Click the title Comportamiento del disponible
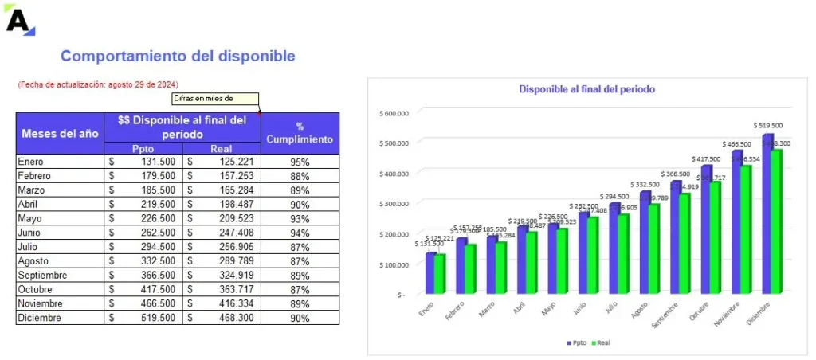[x=178, y=57]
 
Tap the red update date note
[x=97, y=84]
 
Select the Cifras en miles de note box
[x=215, y=99]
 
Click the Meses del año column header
[x=61, y=133]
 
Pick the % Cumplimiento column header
[x=300, y=133]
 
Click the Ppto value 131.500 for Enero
[x=157, y=162]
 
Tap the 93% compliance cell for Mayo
[x=300, y=219]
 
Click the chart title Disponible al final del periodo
[x=586, y=89]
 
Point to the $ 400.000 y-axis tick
[x=394, y=173]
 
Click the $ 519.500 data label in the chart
[x=767, y=125]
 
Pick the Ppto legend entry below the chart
[x=576, y=342]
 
